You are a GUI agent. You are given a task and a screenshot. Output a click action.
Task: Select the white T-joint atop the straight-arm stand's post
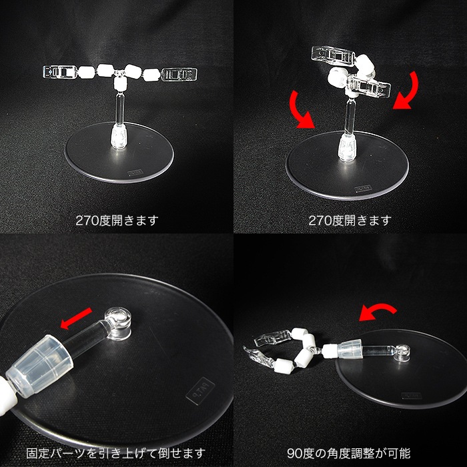click(120, 82)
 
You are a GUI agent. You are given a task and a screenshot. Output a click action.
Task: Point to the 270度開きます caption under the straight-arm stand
click(117, 220)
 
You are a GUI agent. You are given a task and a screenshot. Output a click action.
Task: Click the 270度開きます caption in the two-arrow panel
click(350, 220)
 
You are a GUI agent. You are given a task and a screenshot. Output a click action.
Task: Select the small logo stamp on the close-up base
click(201, 386)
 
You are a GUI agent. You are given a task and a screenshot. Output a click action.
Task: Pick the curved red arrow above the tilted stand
click(378, 311)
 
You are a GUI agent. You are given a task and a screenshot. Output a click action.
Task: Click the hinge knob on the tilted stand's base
click(402, 352)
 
